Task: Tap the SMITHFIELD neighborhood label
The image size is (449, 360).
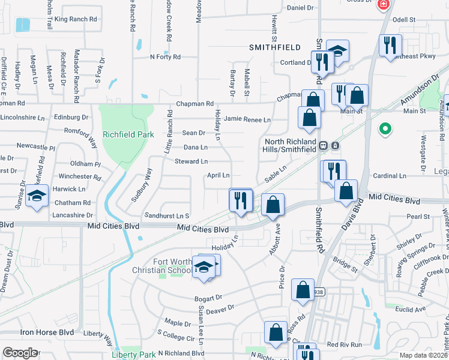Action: [274, 47]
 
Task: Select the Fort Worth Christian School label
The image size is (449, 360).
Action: [163, 266]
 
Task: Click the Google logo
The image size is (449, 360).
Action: [20, 353]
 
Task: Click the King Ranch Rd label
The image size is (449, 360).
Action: [76, 19]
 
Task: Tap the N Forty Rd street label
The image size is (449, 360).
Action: [165, 57]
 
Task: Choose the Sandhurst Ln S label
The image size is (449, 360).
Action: [167, 215]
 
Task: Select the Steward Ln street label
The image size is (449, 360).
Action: [191, 161]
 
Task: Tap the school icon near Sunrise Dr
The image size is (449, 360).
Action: [37, 197]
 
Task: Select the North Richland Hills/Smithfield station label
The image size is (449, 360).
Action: [290, 145]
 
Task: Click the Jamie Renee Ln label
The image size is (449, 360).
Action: [247, 119]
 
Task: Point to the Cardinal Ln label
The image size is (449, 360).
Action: [390, 176]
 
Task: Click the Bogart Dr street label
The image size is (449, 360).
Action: [208, 298]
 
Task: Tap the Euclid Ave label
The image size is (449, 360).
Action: [411, 309]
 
